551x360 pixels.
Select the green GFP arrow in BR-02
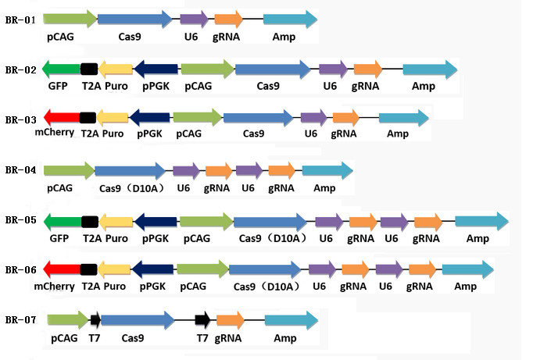(x=61, y=70)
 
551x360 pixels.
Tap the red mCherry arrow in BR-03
(x=62, y=118)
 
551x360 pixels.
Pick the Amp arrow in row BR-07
(x=291, y=319)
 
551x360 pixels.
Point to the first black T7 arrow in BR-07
(x=95, y=319)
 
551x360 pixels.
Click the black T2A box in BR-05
(x=89, y=221)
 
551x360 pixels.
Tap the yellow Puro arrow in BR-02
(x=116, y=70)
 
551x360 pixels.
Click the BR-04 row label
(x=20, y=169)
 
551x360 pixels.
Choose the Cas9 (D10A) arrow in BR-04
(x=130, y=170)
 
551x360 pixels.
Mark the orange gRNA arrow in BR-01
(x=228, y=20)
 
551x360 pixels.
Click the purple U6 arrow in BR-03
(x=313, y=118)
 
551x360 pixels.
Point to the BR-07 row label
(x=20, y=319)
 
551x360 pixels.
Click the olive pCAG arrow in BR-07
(x=68, y=319)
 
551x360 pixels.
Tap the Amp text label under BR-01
(x=284, y=37)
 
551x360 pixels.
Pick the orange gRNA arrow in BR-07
(x=231, y=319)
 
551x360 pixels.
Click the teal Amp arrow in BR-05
(x=481, y=221)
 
